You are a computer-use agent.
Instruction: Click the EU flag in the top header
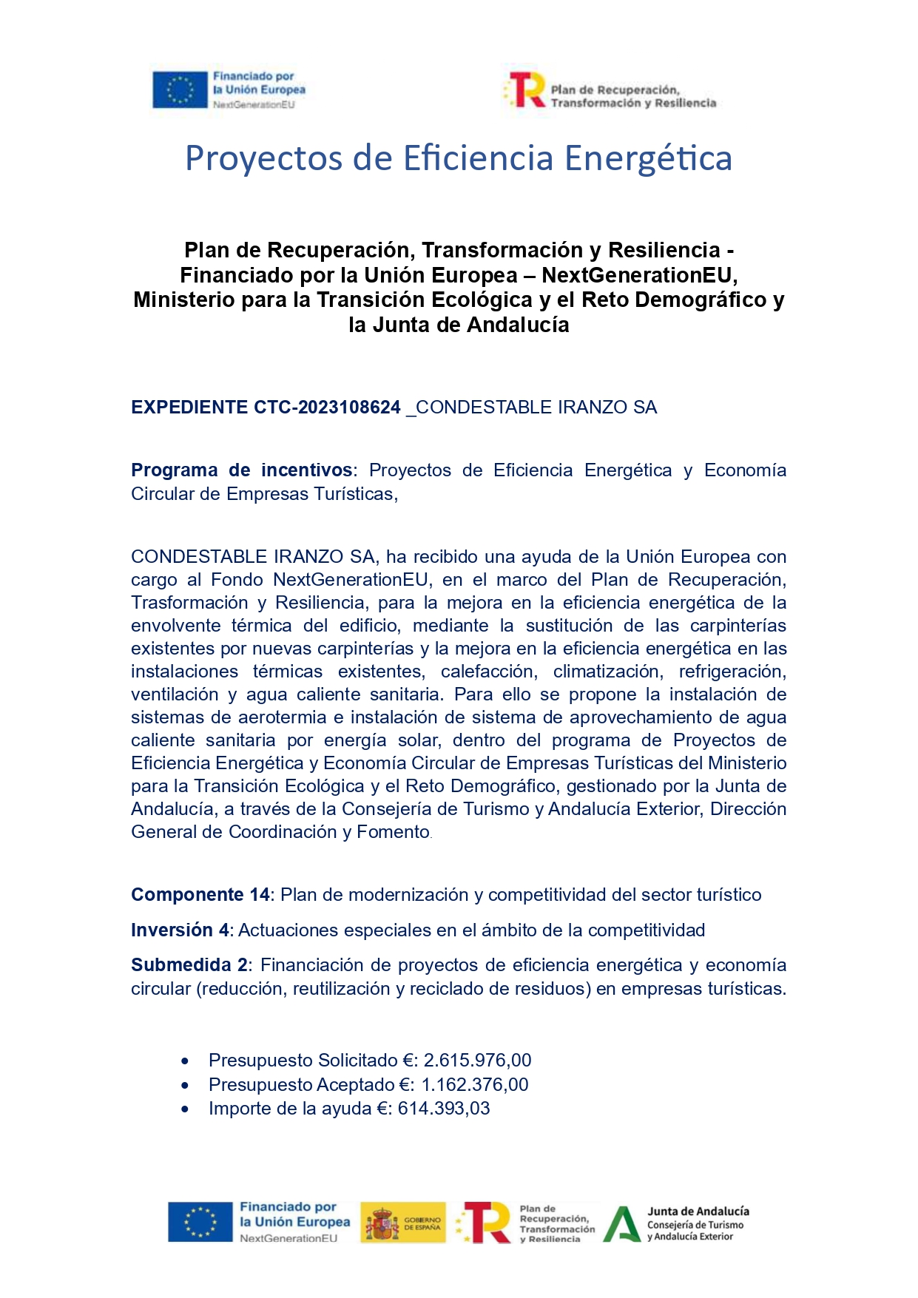click(x=180, y=90)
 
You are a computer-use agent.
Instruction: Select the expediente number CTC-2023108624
click(x=327, y=408)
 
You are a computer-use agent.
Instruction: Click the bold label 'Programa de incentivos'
click(x=241, y=470)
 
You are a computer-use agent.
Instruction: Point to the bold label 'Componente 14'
click(x=200, y=895)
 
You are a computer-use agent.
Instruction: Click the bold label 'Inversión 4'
click(x=180, y=930)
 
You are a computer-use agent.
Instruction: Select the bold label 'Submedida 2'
click(x=189, y=965)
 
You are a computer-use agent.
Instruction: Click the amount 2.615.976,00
click(x=477, y=1061)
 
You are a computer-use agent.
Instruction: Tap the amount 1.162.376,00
click(x=475, y=1085)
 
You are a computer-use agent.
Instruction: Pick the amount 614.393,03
click(x=444, y=1109)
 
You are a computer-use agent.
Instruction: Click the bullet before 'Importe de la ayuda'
click(x=185, y=1109)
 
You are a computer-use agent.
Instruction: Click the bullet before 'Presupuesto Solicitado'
click(x=185, y=1061)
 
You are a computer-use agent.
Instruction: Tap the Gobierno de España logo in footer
click(x=403, y=1223)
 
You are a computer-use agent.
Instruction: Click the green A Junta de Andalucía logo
click(x=621, y=1224)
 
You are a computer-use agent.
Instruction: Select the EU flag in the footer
click(x=200, y=1222)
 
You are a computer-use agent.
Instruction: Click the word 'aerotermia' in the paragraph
click(x=282, y=717)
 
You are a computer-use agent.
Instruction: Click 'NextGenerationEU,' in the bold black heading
click(x=639, y=275)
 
